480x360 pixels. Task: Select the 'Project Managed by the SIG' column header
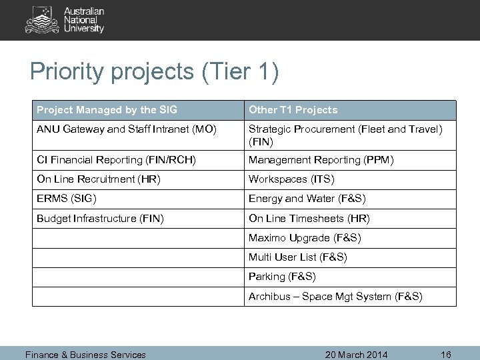[107, 110]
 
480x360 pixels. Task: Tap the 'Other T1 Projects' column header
[293, 110]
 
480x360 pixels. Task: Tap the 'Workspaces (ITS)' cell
[291, 179]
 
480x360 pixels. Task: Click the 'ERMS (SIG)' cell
[67, 199]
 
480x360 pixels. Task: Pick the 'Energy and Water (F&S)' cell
[307, 199]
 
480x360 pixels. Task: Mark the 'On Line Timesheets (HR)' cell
[309, 218]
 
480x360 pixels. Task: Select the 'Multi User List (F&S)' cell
[298, 257]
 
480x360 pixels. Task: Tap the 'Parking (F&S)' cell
[282, 276]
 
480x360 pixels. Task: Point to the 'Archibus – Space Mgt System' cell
[335, 296]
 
